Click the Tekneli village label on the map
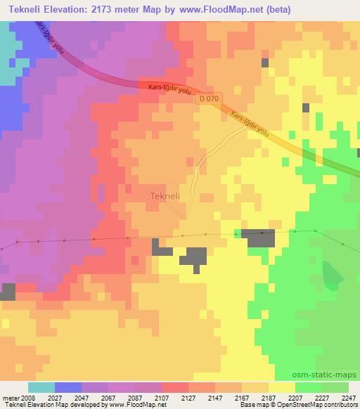coord(166,197)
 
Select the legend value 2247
coord(347,397)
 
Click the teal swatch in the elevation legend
coord(41,387)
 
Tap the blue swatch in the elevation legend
coord(67,387)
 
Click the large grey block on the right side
coord(259,239)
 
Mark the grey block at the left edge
coord(8,292)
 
